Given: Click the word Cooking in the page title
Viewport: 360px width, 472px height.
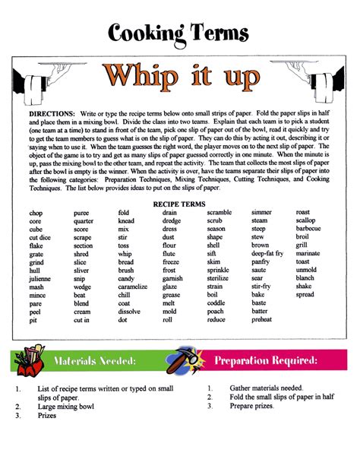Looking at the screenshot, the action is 143,32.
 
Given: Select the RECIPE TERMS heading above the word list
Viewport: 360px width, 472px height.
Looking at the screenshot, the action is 179,204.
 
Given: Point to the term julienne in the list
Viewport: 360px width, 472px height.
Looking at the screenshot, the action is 42,279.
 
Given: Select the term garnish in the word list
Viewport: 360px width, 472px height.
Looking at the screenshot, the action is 172,279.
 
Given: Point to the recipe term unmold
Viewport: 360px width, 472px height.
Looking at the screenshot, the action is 306,270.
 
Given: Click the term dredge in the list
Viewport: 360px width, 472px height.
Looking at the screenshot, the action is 172,220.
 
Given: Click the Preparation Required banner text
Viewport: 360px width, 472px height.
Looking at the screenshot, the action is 265,359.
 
